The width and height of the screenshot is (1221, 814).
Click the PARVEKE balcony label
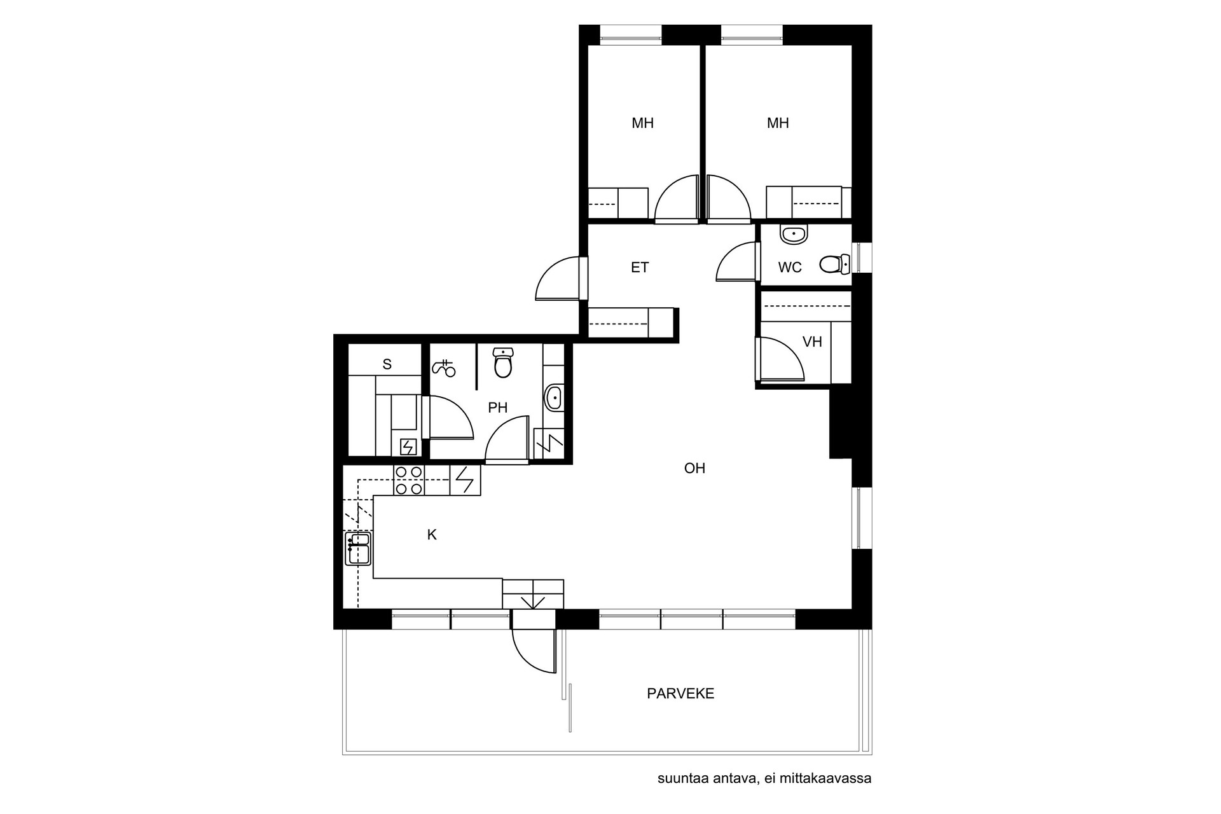pos(680,694)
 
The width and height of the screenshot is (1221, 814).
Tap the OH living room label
pos(694,469)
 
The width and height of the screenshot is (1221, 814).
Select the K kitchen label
pos(432,535)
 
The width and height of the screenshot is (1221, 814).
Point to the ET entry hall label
pos(640,268)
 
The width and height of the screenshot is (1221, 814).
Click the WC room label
pos(790,268)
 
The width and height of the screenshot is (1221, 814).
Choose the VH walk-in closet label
pos(812,342)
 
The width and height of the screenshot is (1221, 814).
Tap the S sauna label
pos(387,364)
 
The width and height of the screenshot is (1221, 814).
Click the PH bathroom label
pos(497,408)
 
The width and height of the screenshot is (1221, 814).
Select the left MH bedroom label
pos(642,123)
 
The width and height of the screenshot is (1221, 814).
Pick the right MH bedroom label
pos(778,123)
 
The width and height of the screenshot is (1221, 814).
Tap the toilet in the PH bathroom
pos(503,362)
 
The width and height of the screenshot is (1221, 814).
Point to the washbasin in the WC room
pos(794,235)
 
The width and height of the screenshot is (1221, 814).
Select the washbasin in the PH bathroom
pos(554,398)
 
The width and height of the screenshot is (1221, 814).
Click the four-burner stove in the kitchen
pos(408,480)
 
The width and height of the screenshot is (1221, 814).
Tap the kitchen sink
pos(358,549)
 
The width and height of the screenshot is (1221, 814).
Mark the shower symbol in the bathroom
pos(444,368)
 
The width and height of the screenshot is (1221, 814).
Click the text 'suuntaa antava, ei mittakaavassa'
pos(764,778)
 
